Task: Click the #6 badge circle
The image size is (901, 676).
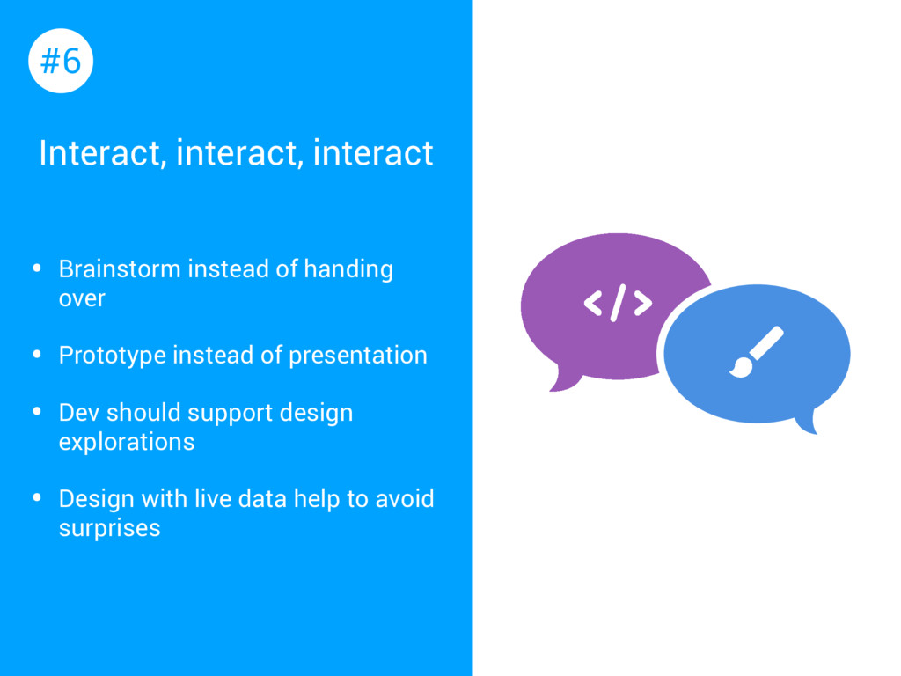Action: coord(61,61)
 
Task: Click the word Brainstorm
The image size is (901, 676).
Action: coord(120,269)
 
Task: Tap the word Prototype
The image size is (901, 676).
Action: coord(112,356)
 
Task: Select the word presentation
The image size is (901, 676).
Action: coord(358,356)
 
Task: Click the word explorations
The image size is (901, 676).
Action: coord(127,442)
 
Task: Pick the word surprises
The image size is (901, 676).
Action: coord(110,529)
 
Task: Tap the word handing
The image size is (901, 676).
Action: coord(348,269)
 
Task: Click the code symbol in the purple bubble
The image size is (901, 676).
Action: coord(618,303)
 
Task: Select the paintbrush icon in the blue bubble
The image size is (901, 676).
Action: coord(756,352)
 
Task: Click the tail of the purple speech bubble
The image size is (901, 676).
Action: coord(564,380)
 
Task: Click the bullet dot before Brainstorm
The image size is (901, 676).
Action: coord(37,268)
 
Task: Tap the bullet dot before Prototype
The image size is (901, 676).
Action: coord(37,354)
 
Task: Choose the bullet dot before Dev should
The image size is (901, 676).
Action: coord(37,412)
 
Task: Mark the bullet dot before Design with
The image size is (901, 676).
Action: coord(37,498)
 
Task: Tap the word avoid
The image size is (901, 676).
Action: coord(405,499)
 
